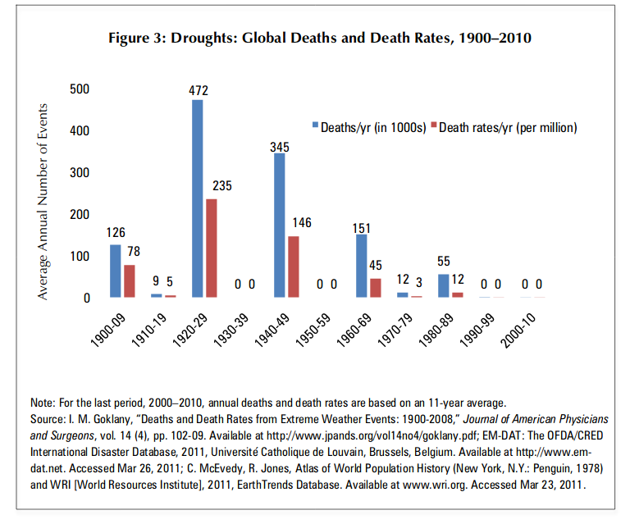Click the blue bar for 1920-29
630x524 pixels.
[x=197, y=198]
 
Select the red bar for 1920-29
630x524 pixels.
[x=211, y=248]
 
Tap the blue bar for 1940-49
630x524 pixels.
[x=279, y=225]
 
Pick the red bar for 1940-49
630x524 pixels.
[x=293, y=267]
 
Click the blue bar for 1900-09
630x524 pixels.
[x=115, y=271]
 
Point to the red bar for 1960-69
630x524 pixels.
[x=375, y=287]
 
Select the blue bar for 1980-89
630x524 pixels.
[x=443, y=285]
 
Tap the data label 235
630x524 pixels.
[x=221, y=186]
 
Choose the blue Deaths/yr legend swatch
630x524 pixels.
[x=314, y=127]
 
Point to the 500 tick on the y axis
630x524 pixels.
[x=80, y=89]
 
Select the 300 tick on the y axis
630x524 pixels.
[x=80, y=172]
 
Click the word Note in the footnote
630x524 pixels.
[x=42, y=403]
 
